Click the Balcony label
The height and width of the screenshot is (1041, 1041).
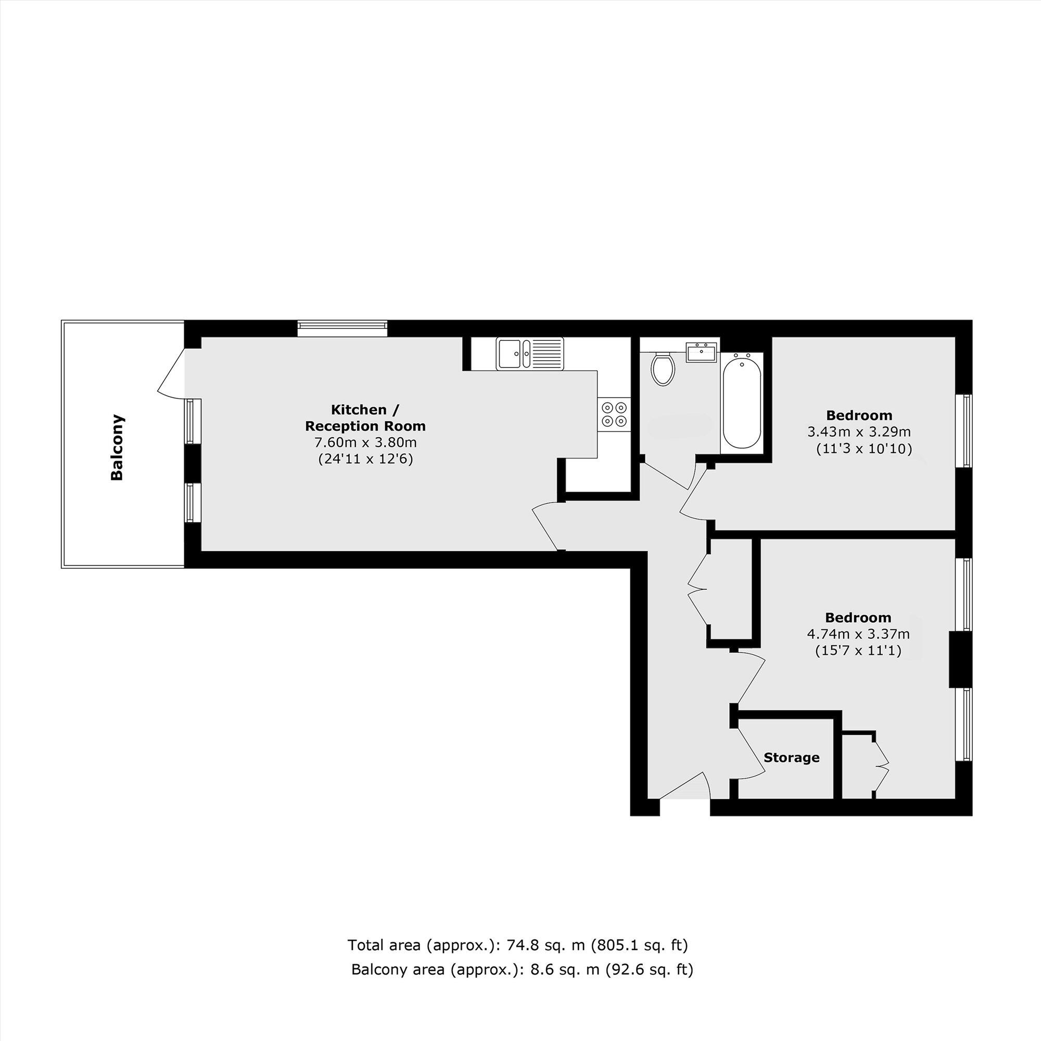[117, 447]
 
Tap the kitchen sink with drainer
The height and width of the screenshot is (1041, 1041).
[530, 354]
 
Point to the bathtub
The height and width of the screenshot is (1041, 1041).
[741, 401]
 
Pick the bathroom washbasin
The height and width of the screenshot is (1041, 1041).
[702, 352]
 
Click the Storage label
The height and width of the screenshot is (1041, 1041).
[792, 757]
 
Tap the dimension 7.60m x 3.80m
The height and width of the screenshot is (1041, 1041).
[365, 442]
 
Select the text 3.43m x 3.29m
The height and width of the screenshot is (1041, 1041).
[859, 431]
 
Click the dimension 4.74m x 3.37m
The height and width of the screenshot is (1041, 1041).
[858, 634]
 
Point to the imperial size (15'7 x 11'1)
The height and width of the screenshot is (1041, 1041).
[858, 650]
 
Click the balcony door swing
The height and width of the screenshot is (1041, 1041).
[171, 372]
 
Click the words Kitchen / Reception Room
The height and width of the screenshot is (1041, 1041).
[365, 417]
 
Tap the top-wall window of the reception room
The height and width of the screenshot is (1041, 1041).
[342, 328]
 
